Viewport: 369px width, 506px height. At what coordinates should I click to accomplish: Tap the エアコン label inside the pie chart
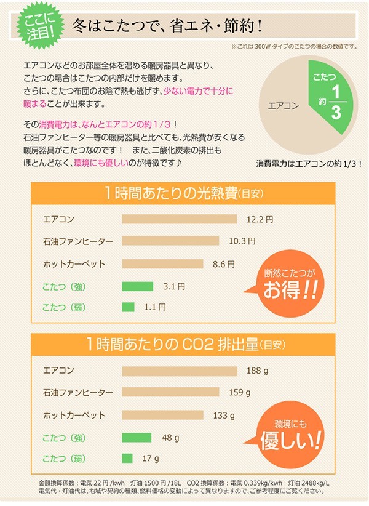point(284,106)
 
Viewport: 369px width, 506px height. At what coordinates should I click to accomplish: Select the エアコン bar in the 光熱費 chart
point(180,219)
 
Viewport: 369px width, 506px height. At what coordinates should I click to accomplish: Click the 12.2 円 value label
point(260,219)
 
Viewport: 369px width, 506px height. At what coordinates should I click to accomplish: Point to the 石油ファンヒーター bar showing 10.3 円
point(170,241)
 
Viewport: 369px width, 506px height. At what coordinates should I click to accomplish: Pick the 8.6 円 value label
point(223,263)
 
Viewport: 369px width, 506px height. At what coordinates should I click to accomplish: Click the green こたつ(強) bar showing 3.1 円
point(137,286)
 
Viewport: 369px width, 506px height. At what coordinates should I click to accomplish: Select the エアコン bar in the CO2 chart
point(180,371)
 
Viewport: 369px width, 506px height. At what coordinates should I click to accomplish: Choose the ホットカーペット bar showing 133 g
point(163,416)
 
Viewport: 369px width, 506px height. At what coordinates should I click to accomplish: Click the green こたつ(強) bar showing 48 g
point(137,438)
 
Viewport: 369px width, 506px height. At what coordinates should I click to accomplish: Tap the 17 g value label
point(151,459)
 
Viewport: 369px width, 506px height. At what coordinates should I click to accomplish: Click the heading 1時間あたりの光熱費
point(184,193)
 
